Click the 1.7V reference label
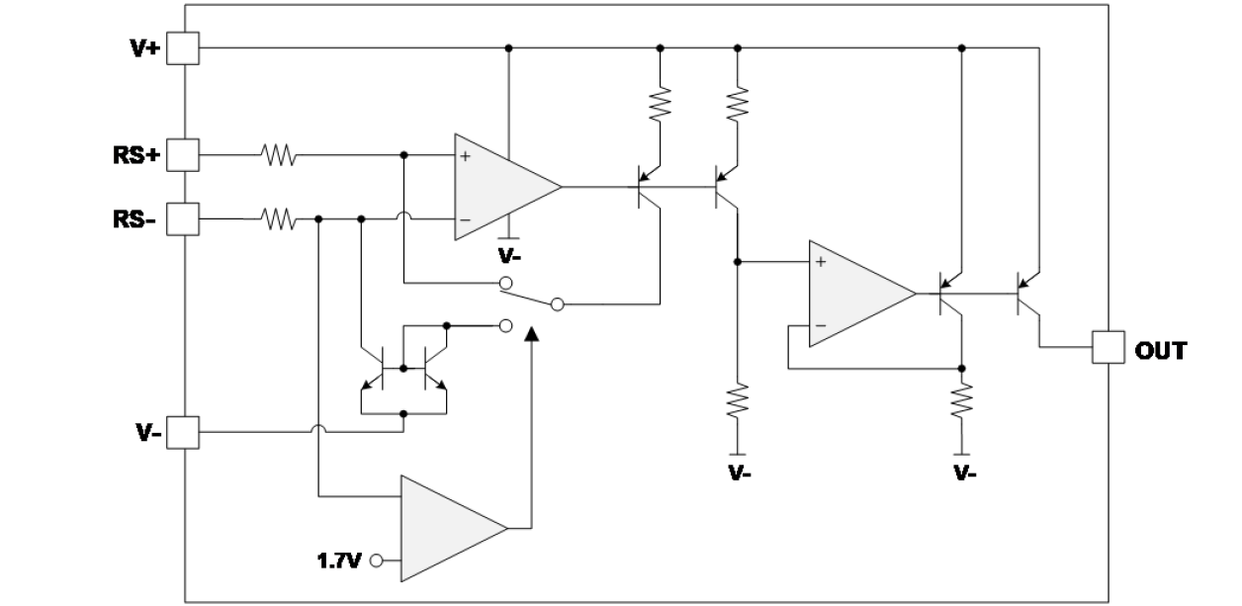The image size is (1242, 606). tap(339, 562)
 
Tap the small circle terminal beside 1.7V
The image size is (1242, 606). tap(376, 562)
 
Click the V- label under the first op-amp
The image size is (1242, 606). tap(510, 256)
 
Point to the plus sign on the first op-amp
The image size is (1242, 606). tap(465, 156)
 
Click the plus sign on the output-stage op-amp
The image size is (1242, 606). tap(820, 263)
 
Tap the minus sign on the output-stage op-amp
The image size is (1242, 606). tap(820, 325)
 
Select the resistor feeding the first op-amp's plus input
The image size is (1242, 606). tap(278, 155)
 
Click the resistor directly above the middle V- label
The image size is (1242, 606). tap(737, 402)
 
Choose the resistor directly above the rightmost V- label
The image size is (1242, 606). tap(960, 402)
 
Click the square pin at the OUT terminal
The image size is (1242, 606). tap(1107, 348)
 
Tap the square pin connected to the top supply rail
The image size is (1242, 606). tap(184, 46)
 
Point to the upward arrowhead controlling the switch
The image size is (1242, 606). tap(532, 336)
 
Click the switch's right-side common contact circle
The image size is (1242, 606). tap(557, 303)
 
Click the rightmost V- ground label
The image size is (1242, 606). tap(965, 473)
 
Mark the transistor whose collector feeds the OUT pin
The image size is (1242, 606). tap(1027, 293)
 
